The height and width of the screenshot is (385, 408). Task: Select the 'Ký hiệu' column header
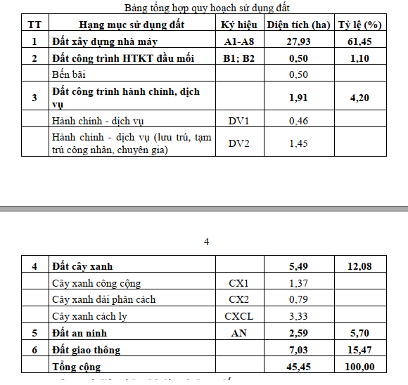tap(238, 25)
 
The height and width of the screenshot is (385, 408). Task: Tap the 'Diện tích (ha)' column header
tap(298, 25)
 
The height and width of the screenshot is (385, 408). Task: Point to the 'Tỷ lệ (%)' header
tap(359, 25)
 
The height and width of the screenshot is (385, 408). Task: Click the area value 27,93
tap(298, 41)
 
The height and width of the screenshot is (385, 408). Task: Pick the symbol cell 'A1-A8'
tap(238, 41)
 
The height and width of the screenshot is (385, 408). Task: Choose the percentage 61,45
tap(359, 41)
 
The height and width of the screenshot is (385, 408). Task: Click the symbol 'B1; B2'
tap(238, 58)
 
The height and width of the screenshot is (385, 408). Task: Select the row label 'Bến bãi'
tap(71, 74)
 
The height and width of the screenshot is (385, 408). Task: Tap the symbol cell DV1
tap(238, 122)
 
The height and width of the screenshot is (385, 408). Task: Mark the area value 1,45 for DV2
tap(298, 143)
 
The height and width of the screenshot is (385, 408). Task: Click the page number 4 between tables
tap(206, 242)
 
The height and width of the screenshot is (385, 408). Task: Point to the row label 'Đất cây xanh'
tap(82, 267)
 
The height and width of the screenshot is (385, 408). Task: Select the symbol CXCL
tap(238, 317)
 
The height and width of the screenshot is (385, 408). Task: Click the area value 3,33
tap(298, 317)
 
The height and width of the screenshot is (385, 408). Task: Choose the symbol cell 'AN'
tap(238, 333)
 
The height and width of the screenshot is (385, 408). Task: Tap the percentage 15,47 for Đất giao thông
tap(359, 350)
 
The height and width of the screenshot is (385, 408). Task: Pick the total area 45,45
tap(298, 367)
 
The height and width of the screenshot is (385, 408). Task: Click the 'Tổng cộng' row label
tap(77, 367)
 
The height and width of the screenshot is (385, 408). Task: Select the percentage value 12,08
tap(359, 267)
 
